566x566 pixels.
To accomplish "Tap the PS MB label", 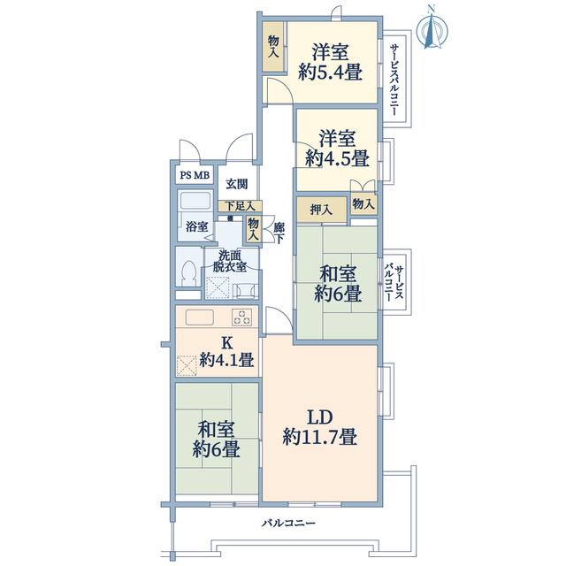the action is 195,175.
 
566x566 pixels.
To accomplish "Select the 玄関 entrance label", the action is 237,184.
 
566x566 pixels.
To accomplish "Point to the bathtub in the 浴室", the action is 195,201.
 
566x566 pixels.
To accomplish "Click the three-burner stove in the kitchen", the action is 241,317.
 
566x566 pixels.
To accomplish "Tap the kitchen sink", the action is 199,317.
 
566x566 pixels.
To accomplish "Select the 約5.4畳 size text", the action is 330,73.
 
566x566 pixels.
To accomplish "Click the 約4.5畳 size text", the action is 337,158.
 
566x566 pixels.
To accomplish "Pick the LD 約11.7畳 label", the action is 320,427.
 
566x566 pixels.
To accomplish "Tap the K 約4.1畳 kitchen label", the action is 226,351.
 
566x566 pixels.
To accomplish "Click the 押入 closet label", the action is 321,210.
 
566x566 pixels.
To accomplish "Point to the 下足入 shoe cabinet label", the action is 241,206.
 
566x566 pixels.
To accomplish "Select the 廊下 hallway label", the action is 279,233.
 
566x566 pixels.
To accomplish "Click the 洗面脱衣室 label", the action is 230,261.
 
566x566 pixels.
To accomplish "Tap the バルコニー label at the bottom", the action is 289,523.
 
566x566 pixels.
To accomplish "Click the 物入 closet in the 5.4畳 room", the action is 273,47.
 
